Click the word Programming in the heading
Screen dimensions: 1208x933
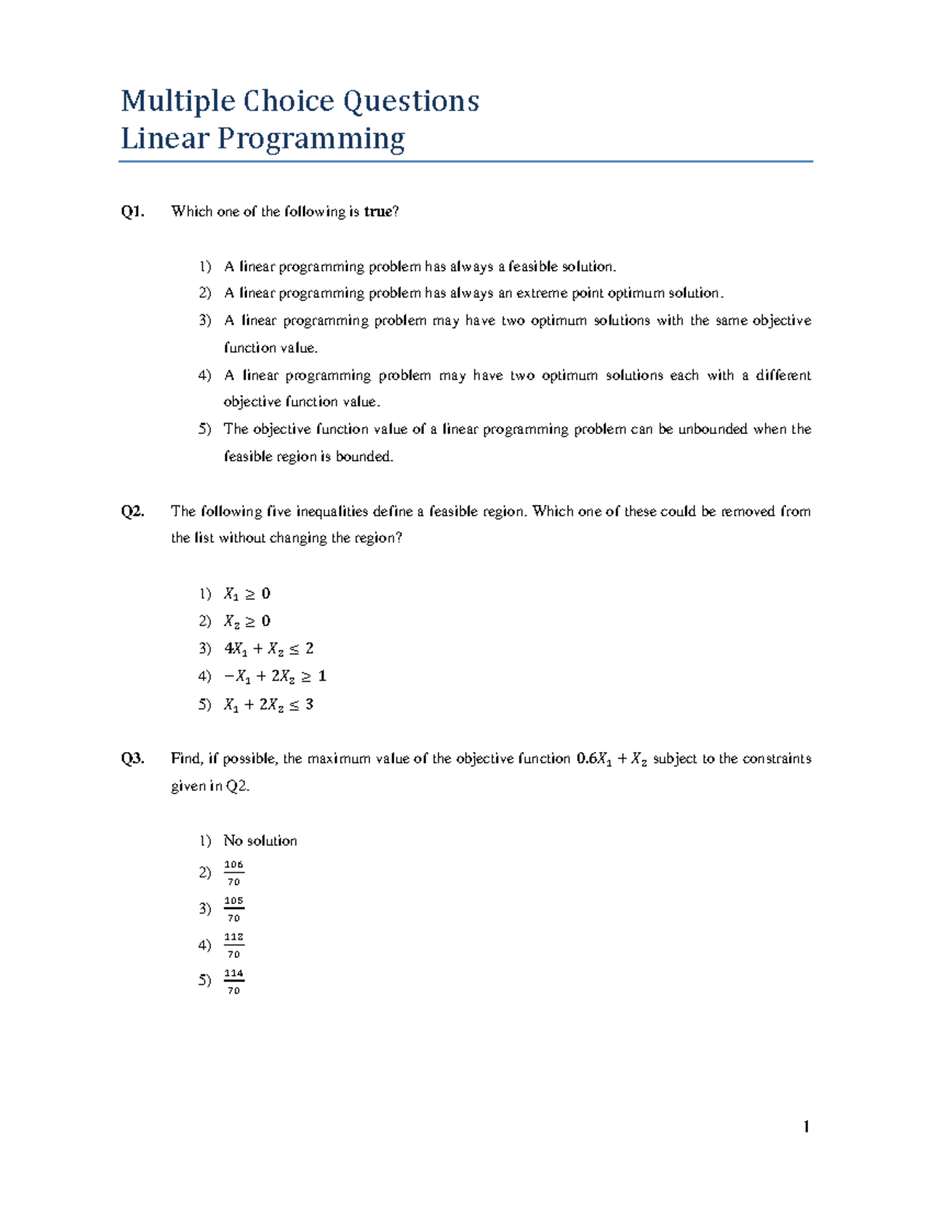310,139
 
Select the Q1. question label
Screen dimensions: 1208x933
132,212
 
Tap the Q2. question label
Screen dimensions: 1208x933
132,511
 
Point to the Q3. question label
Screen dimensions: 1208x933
132,758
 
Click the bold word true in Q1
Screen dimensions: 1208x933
379,212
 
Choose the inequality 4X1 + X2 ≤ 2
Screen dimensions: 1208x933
268,649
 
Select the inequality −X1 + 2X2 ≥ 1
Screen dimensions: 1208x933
274,676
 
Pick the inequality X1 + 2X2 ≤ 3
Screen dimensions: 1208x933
268,704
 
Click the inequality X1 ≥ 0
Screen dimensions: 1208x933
246,594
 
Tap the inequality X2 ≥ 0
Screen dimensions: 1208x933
246,622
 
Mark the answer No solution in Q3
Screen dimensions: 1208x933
260,841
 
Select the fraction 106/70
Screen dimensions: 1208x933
233,873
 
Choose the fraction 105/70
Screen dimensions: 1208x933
233,909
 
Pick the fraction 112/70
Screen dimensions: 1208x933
233,945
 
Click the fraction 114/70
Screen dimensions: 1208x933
233,982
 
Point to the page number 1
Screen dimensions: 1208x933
806,1127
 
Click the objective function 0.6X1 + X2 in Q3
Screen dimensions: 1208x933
611,759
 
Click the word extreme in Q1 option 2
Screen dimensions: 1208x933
542,293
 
